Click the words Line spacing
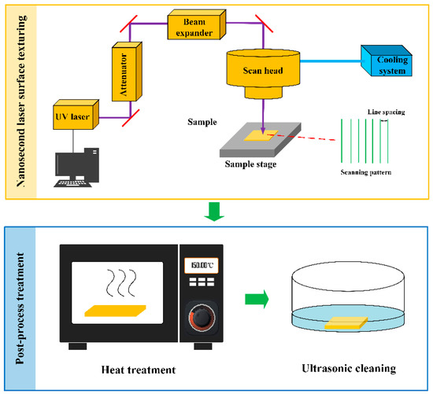pyautogui.click(x=387, y=112)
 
